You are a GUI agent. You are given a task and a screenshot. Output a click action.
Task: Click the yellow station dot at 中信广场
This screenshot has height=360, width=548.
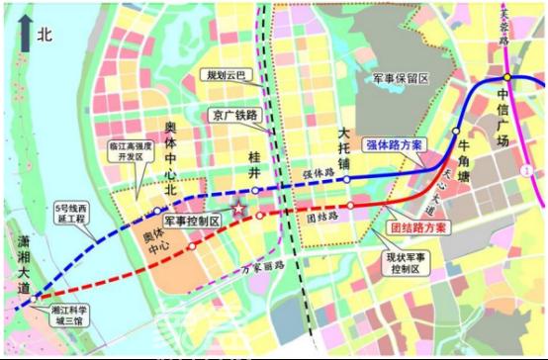(x=505, y=77)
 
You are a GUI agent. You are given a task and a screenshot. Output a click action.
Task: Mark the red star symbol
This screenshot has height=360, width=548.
(x=238, y=210)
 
